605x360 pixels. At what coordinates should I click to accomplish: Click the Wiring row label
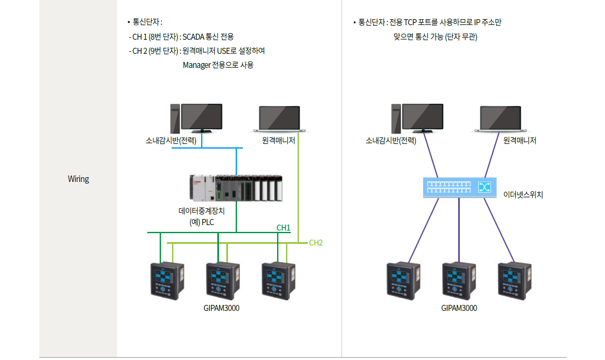[79, 179]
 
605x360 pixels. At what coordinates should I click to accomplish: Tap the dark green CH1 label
[284, 228]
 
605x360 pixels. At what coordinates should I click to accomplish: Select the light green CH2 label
[316, 243]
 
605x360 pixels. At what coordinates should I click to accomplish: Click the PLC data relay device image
[236, 188]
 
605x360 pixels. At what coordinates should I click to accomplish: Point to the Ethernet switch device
[460, 187]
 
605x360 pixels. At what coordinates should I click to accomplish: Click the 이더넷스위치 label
[523, 195]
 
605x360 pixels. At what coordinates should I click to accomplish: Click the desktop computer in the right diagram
[417, 118]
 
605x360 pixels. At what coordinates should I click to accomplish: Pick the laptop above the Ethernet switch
[500, 118]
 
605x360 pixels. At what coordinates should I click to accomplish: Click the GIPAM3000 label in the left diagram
[221, 308]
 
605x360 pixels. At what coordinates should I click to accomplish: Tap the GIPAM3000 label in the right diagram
[459, 308]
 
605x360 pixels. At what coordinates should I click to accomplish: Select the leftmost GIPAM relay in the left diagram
[167, 281]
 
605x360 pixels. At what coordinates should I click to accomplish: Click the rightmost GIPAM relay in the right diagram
[514, 281]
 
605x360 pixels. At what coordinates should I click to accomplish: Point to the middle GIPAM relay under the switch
[459, 281]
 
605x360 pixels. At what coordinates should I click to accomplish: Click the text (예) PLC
[202, 222]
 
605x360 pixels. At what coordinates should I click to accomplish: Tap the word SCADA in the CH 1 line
[193, 37]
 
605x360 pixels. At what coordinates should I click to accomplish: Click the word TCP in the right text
[410, 22]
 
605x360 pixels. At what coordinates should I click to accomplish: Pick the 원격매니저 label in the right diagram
[520, 140]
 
